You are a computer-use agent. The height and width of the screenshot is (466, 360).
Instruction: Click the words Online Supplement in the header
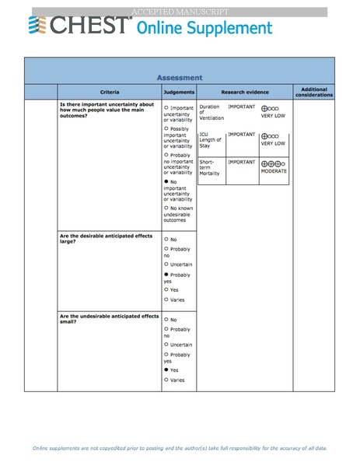(204, 28)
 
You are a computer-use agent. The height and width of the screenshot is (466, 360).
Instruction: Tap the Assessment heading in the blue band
(180, 77)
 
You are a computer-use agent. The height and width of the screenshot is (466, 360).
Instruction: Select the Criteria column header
(110, 92)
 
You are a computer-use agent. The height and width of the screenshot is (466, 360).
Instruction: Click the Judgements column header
(179, 92)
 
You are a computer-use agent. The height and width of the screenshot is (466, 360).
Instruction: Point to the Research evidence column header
(243, 92)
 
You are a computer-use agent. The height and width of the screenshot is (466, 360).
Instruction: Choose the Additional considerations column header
(314, 92)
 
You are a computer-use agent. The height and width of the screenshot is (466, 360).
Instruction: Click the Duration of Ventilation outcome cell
(211, 112)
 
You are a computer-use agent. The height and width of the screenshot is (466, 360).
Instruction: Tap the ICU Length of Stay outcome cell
(211, 140)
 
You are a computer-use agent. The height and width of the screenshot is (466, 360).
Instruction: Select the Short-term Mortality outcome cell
(210, 167)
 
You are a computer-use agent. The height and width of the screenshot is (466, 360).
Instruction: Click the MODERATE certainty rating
(274, 170)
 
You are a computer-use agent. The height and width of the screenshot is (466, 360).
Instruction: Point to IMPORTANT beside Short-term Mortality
(242, 162)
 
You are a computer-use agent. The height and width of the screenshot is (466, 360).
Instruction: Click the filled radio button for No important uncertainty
(166, 180)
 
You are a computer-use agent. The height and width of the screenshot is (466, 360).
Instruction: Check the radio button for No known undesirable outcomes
(166, 208)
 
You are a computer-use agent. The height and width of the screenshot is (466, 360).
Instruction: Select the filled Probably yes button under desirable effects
(166, 275)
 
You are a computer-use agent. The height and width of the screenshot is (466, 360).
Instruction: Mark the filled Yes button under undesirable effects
(166, 370)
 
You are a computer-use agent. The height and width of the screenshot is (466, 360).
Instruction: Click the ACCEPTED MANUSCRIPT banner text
(180, 12)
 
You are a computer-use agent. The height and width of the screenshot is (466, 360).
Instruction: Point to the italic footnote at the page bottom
(180, 449)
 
